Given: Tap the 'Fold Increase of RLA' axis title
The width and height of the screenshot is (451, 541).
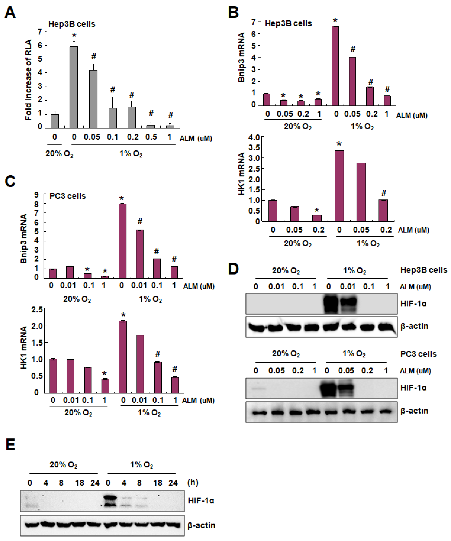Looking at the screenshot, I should coord(28,80).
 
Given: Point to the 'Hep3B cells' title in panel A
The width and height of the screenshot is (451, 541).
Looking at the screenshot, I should coord(72,24).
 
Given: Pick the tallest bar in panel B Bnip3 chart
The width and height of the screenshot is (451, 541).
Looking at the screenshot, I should coord(335,66).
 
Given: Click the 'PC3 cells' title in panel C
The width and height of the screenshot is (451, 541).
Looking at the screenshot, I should coord(68,196).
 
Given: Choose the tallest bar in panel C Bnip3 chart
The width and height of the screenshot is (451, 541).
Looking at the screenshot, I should coord(122,241).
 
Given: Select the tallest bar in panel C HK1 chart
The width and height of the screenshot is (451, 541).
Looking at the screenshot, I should coord(123,357).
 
